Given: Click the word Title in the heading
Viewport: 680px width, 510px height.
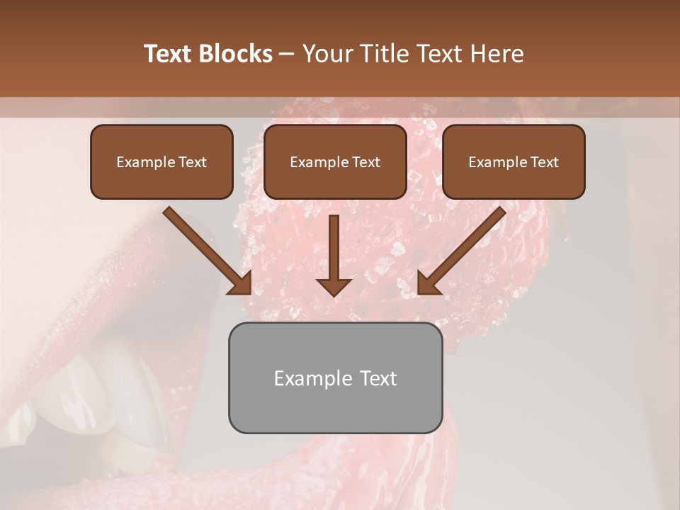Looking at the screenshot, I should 383,54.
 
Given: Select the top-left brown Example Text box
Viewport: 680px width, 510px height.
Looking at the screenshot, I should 161,162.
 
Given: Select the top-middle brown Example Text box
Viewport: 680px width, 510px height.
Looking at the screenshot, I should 335,162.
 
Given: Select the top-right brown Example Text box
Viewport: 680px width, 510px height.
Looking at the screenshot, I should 514,162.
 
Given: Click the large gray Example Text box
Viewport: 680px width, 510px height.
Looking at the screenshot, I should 335,378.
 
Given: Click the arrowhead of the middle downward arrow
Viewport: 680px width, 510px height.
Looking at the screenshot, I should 334,286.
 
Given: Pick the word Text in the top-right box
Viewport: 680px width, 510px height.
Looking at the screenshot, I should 544,162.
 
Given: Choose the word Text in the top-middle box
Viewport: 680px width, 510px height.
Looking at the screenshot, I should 365,162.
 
